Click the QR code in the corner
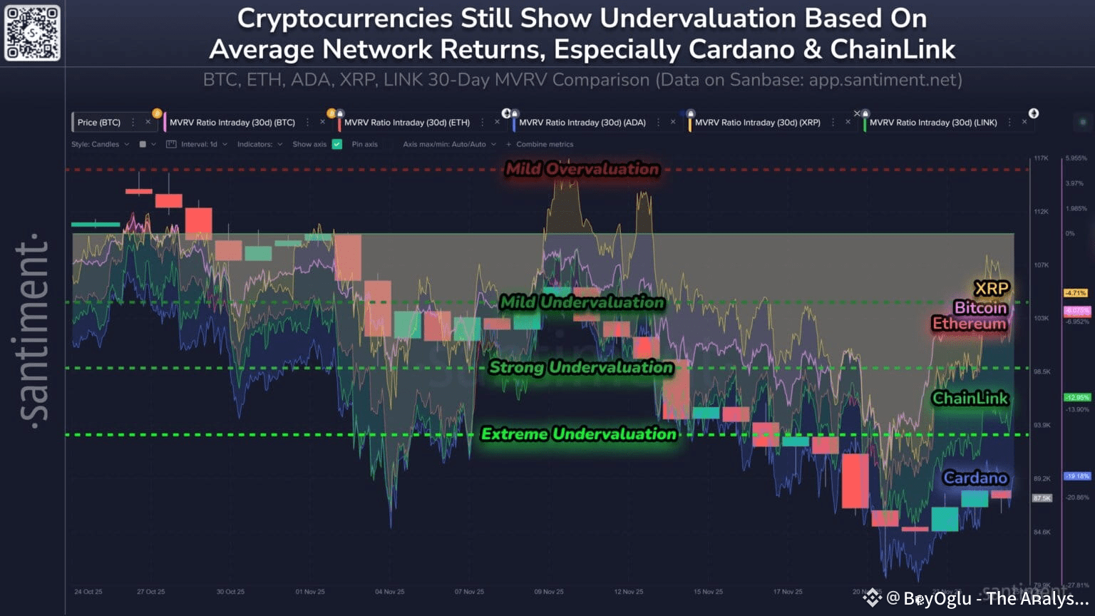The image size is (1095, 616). [32, 33]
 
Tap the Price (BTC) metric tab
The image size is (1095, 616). [99, 123]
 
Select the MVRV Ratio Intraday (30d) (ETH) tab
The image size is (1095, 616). [406, 123]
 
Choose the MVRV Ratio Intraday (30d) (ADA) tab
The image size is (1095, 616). [582, 123]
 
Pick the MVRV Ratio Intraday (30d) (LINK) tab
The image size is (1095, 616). [932, 123]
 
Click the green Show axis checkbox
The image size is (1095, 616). [337, 144]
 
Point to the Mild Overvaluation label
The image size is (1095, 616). [582, 169]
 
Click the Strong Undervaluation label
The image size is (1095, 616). [581, 367]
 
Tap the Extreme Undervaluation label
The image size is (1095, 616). [578, 433]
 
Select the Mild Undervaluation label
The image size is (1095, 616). [582, 302]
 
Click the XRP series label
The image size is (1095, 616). [991, 289]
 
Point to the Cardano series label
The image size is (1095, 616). [975, 478]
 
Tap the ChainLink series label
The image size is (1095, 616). [970, 398]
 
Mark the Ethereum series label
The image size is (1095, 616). [969, 324]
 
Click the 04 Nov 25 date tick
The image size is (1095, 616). [389, 592]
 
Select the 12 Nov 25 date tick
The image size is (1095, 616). [628, 592]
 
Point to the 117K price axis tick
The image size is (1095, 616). [1041, 158]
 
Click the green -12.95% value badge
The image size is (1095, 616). [1076, 397]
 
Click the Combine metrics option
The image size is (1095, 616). [544, 144]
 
